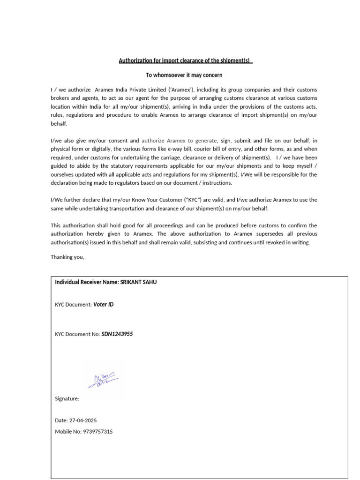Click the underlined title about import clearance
185,61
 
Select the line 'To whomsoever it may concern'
184,75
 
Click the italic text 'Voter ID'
104,305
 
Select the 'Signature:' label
67,399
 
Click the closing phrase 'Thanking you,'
67,257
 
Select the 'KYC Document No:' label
77,334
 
